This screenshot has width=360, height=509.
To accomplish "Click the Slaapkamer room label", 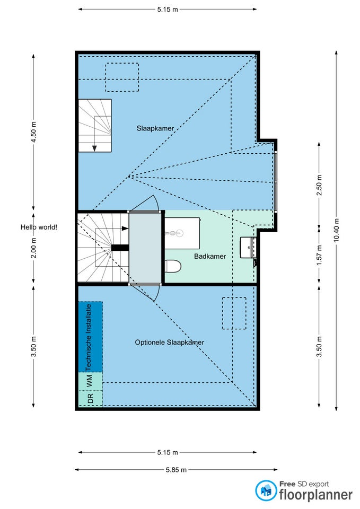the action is [x=155, y=128].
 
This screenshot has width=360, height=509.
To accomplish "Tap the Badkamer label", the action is [x=210, y=256].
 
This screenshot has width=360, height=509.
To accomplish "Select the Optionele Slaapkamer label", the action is [x=170, y=342].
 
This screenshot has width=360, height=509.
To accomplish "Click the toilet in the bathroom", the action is [x=173, y=266].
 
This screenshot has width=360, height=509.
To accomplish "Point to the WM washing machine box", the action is [x=90, y=381].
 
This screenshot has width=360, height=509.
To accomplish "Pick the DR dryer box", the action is [x=90, y=398].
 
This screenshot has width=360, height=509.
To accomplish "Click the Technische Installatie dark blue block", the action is [x=90, y=337].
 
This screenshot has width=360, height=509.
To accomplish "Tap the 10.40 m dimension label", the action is [x=336, y=230].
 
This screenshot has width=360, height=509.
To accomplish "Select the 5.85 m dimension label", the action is [x=176, y=469].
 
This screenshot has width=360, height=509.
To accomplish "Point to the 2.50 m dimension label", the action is [x=319, y=185].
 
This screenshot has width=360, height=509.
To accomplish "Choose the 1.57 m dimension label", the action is [x=319, y=255].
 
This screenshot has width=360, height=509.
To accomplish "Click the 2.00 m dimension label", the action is [x=33, y=248].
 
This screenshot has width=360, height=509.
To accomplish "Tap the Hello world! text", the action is [x=39, y=227].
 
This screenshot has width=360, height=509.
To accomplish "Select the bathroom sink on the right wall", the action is [x=248, y=248].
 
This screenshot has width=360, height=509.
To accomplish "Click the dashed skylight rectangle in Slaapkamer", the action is [x=122, y=77].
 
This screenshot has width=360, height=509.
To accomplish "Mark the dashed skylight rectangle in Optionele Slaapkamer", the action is [x=234, y=313].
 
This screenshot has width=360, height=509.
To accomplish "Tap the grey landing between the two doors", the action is [x=145, y=248].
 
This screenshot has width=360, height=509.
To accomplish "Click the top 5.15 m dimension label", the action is [x=168, y=10].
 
